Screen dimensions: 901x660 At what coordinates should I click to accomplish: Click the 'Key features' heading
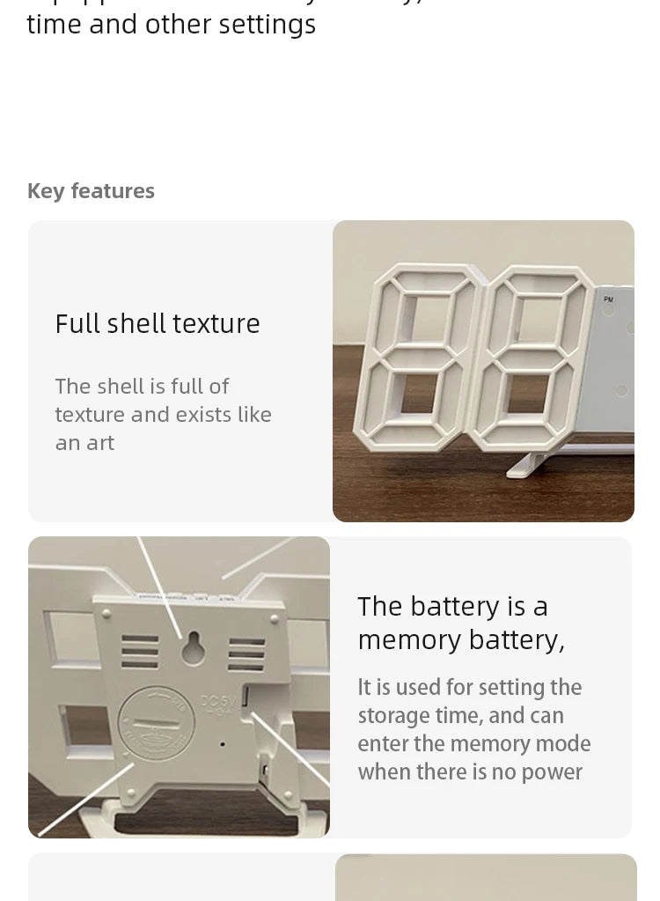pyautogui.click(x=91, y=191)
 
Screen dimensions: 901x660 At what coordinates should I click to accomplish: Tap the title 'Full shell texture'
pyautogui.click(x=158, y=324)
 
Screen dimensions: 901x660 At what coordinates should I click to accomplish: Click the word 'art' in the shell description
pyautogui.click(x=100, y=443)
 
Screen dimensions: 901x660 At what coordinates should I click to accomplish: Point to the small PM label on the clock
pyautogui.click(x=609, y=300)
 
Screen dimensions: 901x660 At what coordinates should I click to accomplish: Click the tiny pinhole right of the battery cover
pyautogui.click(x=223, y=745)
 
